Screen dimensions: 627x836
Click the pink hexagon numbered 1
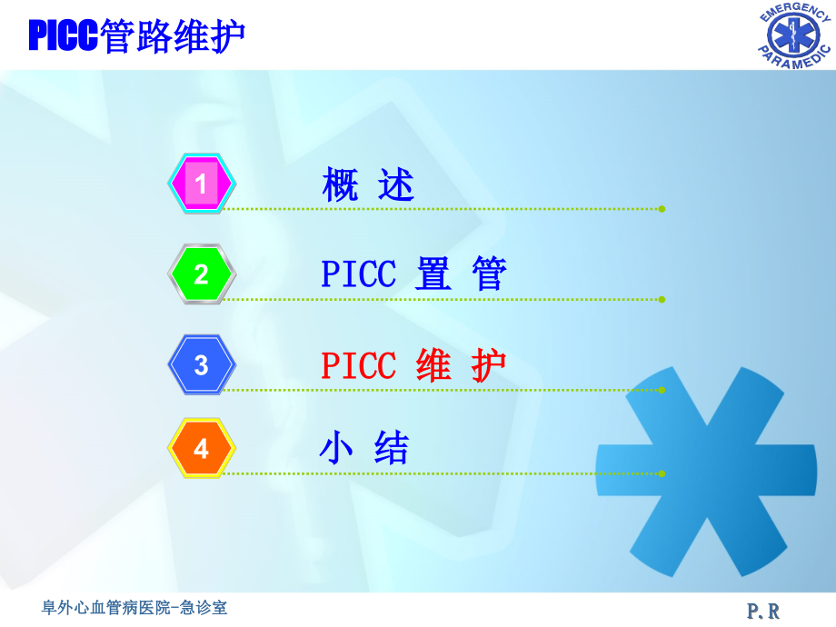pyautogui.click(x=202, y=184)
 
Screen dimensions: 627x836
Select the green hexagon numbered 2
pyautogui.click(x=202, y=274)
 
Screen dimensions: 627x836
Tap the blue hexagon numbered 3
pyautogui.click(x=202, y=365)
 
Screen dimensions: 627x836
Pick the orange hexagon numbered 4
pyautogui.click(x=202, y=449)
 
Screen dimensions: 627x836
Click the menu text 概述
pyautogui.click(x=368, y=185)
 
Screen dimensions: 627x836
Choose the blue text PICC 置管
pyautogui.click(x=413, y=274)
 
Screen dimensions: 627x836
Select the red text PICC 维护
pyautogui.click(x=413, y=365)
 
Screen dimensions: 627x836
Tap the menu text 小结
pyautogui.click(x=365, y=449)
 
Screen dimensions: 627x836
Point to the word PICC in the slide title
pyautogui.click(x=63, y=36)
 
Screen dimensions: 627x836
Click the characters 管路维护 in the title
pyautogui.click(x=172, y=36)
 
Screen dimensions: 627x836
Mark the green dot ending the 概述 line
pyautogui.click(x=662, y=209)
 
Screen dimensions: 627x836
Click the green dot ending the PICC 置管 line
pyautogui.click(x=662, y=299)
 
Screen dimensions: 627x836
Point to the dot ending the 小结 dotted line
pyautogui.click(x=662, y=473)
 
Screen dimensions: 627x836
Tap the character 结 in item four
pyautogui.click(x=393, y=449)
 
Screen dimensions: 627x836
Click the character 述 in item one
pyautogui.click(x=396, y=185)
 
